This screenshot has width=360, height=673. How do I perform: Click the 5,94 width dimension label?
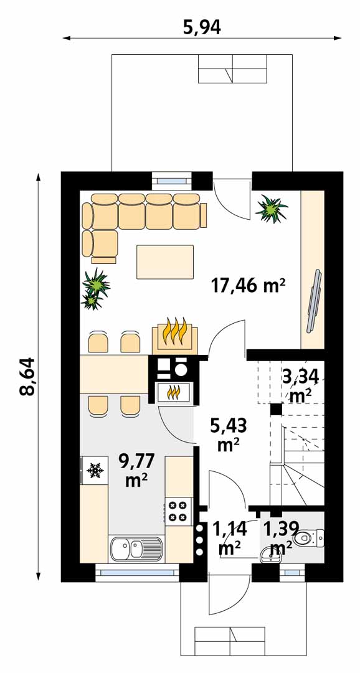pyautogui.click(x=202, y=27)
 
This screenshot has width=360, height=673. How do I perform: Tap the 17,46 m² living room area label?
pyautogui.click(x=249, y=285)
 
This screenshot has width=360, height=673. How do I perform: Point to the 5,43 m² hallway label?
pyautogui.click(x=228, y=435)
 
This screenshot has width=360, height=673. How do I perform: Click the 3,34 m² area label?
pyautogui.click(x=301, y=385)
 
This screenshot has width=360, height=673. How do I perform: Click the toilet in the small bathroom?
pyautogui.click(x=308, y=537)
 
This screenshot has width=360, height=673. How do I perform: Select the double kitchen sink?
pyautogui.click(x=136, y=549)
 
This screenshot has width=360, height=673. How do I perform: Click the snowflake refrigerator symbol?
pyautogui.click(x=95, y=471)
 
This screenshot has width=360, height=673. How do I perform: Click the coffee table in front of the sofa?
pyautogui.click(x=165, y=262)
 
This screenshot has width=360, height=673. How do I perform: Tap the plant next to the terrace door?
pyautogui.click(x=272, y=209)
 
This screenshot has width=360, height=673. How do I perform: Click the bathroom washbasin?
pyautogui.click(x=271, y=555)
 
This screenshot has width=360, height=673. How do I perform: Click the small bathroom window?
pyautogui.click(x=292, y=573)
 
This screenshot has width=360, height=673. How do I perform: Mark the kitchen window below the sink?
pyautogui.click(x=136, y=573)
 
